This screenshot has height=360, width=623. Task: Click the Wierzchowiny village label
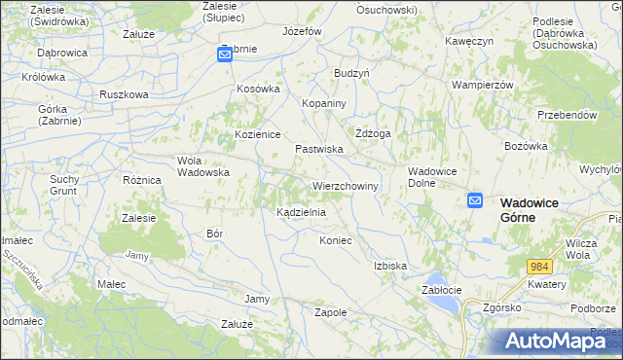pos(345,185)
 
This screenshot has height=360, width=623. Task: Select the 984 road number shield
pos(540,266)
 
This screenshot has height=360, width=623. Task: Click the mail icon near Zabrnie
pos(224,56)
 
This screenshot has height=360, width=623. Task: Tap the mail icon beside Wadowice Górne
pos(475,200)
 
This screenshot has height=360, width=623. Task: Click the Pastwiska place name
pos(319,149)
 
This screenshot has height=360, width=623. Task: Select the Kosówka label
pos(259,89)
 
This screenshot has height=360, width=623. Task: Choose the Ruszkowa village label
pos(124,94)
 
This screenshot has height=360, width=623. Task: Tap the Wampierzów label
pos(482,85)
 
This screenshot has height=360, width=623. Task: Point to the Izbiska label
pos(389,265)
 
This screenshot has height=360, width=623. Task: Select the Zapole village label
pos(331,312)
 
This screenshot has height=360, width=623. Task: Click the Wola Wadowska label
pos(202,166)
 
